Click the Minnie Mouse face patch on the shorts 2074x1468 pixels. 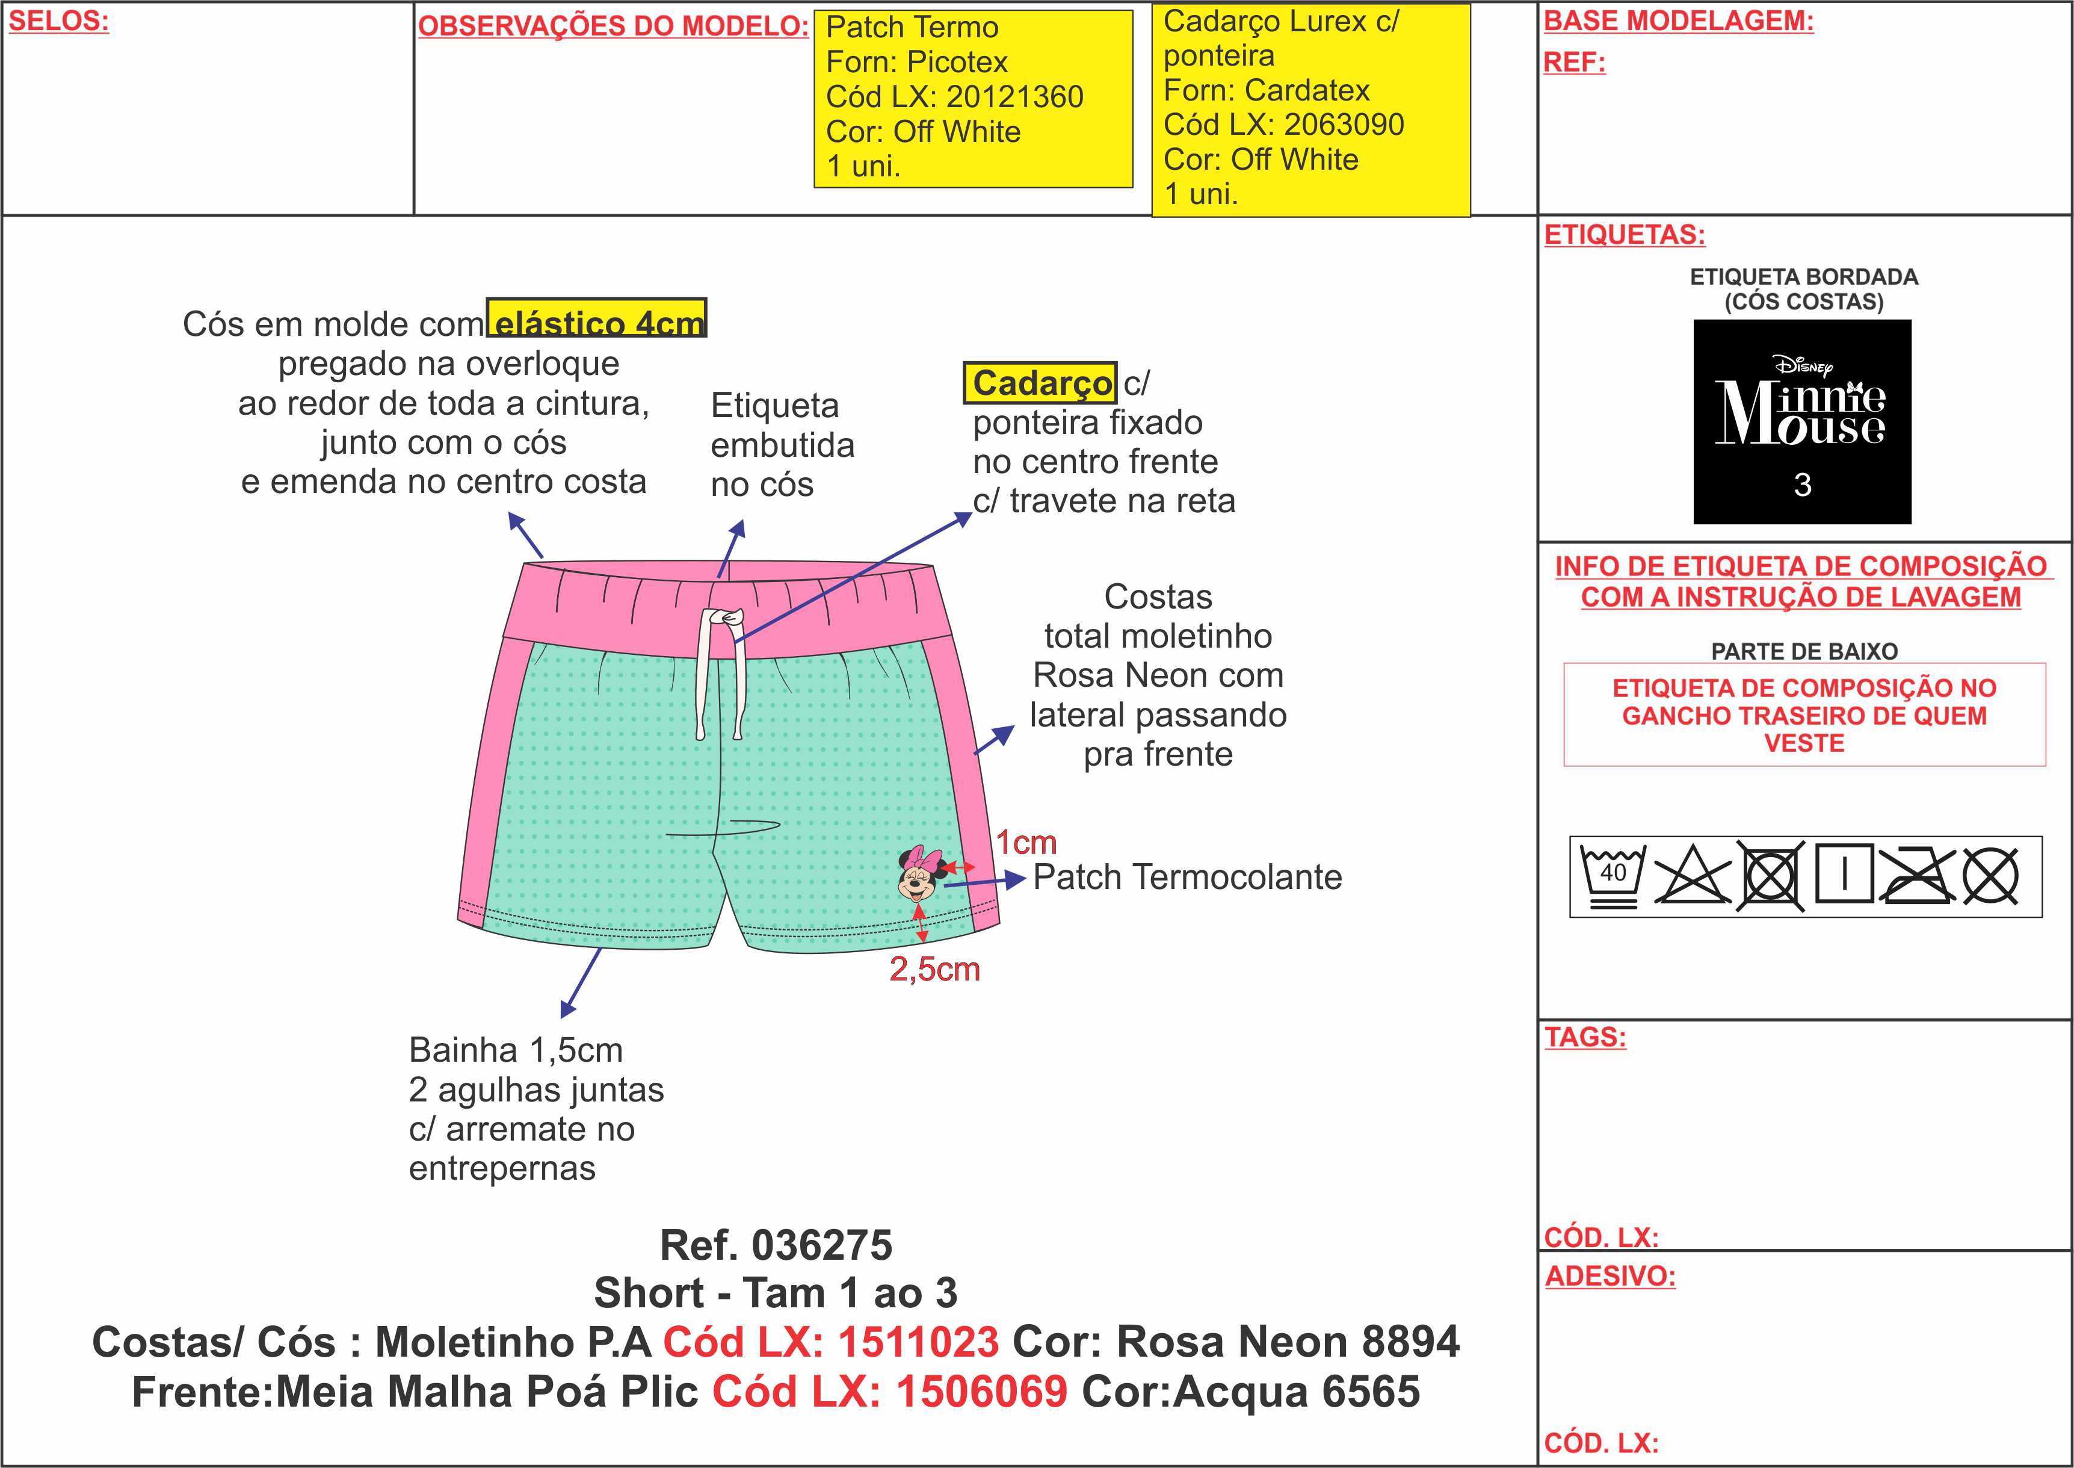920,873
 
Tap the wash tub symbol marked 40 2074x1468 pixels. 1612,875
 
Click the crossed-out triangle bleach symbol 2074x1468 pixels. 1691,875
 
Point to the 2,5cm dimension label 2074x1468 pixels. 934,969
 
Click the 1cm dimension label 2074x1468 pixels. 1026,843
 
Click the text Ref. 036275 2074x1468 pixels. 776,1246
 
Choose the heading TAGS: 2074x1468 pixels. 1584,1037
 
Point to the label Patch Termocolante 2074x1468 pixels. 1187,877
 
